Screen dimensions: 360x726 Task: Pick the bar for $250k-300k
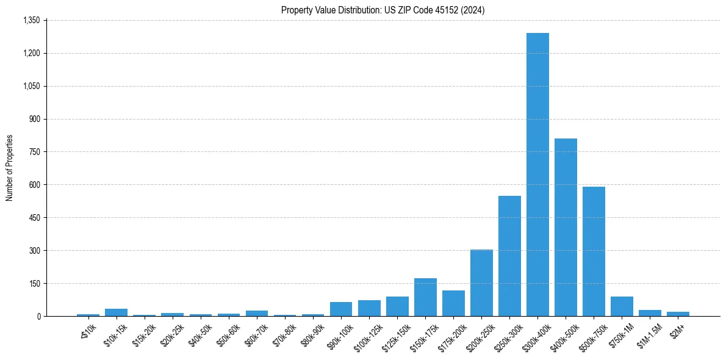(509, 256)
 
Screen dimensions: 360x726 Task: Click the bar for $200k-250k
(481, 283)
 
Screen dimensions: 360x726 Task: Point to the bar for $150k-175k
(425, 297)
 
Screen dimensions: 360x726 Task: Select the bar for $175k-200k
(453, 303)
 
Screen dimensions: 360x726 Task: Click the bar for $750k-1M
(622, 306)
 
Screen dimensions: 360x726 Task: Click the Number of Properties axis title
(9, 168)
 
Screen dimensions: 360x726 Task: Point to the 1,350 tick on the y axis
(31, 20)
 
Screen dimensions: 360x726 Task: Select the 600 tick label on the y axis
(34, 185)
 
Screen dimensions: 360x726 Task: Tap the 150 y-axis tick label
(34, 284)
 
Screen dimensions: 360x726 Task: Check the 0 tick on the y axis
(38, 316)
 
